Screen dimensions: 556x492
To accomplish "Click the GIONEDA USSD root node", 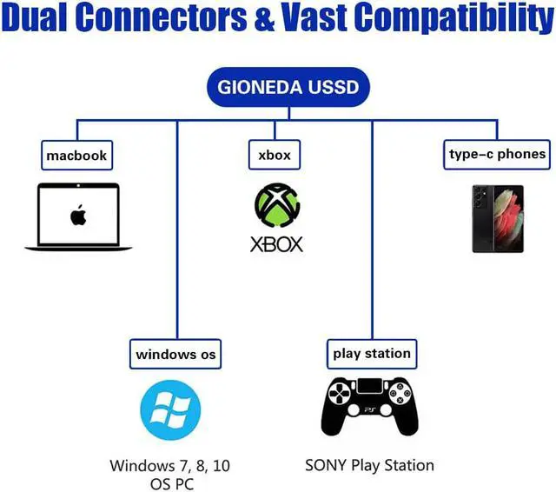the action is pos(288,87).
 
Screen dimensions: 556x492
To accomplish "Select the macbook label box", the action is pos(77,156).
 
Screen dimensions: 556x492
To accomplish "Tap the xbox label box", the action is pos(275,155).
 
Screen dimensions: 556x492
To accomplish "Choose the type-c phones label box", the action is pos(497,155).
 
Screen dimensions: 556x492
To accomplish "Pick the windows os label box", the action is pos(175,354).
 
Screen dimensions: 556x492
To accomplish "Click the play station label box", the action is pos(372,354).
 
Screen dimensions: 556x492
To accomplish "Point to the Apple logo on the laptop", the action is pos(78,215).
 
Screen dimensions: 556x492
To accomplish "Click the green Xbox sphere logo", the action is pos(277,205).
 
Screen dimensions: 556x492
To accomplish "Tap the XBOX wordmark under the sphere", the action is pos(276,244).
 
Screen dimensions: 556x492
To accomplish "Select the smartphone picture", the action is pos(498,219).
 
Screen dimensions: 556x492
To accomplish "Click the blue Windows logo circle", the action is pos(170,410).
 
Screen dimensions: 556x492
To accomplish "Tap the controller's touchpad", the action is pos(369,386).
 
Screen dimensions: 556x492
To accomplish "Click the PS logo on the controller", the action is pos(370,410).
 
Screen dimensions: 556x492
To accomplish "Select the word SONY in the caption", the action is pos(325,465).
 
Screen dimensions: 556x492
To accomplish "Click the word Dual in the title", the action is pos(35,17).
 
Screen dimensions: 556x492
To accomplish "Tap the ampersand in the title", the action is pos(264,17).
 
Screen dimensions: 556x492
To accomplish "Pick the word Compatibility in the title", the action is pos(454,17).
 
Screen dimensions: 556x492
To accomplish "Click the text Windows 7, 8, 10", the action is pos(170,466).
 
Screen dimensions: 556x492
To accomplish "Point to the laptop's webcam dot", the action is pos(78,185).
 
